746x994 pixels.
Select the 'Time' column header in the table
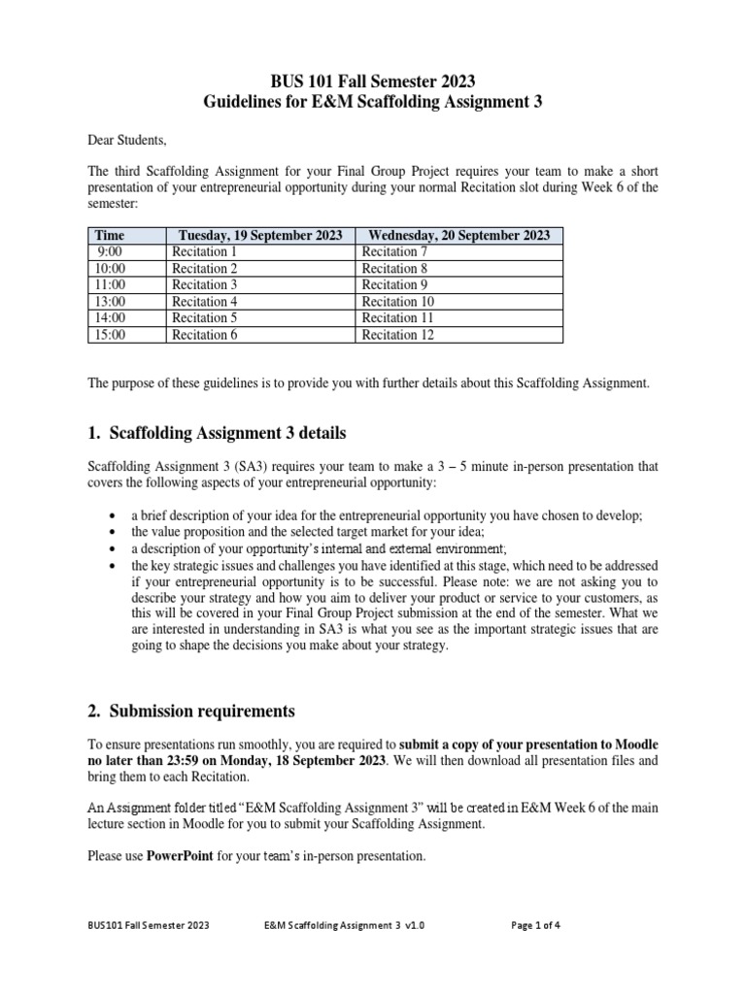tap(110, 235)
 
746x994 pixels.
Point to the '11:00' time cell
tap(110, 284)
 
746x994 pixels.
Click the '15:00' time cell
tap(110, 334)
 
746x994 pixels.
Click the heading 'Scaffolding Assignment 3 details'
tap(227, 432)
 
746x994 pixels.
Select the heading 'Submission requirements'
tap(202, 710)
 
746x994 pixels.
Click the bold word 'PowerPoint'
tap(179, 856)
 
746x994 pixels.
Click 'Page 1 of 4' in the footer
tap(535, 925)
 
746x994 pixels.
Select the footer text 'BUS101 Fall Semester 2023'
tap(148, 925)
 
